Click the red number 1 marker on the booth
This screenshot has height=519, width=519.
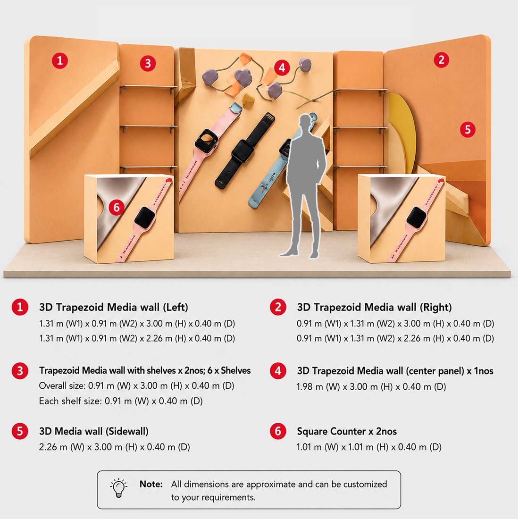pyautogui.click(x=60, y=60)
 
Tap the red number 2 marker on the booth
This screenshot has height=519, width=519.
pyautogui.click(x=442, y=60)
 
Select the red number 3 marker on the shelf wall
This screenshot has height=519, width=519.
pyautogui.click(x=148, y=63)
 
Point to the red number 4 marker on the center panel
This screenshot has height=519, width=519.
pyautogui.click(x=282, y=68)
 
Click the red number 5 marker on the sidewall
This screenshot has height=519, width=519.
pyautogui.click(x=468, y=129)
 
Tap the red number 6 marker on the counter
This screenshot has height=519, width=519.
pyautogui.click(x=117, y=207)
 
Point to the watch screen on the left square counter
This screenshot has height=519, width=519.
pyautogui.click(x=145, y=218)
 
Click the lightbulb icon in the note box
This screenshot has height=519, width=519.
pyautogui.click(x=118, y=488)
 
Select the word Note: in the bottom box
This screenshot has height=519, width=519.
pyautogui.click(x=151, y=484)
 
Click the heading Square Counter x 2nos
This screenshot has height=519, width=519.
pyautogui.click(x=347, y=431)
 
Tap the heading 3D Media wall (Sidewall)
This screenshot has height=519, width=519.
pyautogui.click(x=94, y=431)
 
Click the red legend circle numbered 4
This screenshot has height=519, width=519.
pyautogui.click(x=278, y=371)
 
